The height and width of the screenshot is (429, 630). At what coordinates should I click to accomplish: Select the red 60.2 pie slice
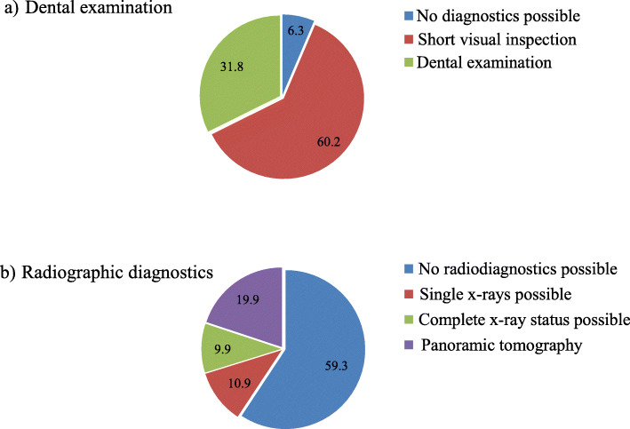pos(302,124)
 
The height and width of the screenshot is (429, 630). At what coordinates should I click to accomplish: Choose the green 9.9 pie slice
pos(219,346)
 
